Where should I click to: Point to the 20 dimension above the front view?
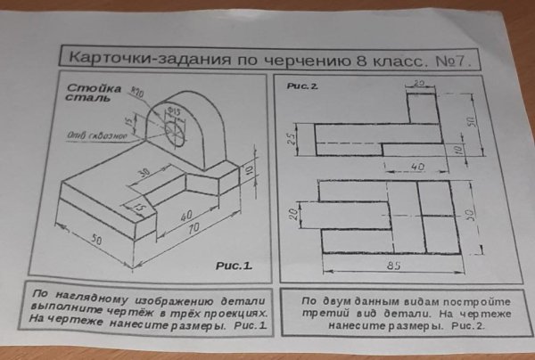pyautogui.click(x=420, y=83)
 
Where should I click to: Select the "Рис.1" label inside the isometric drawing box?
pyautogui.click(x=235, y=265)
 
